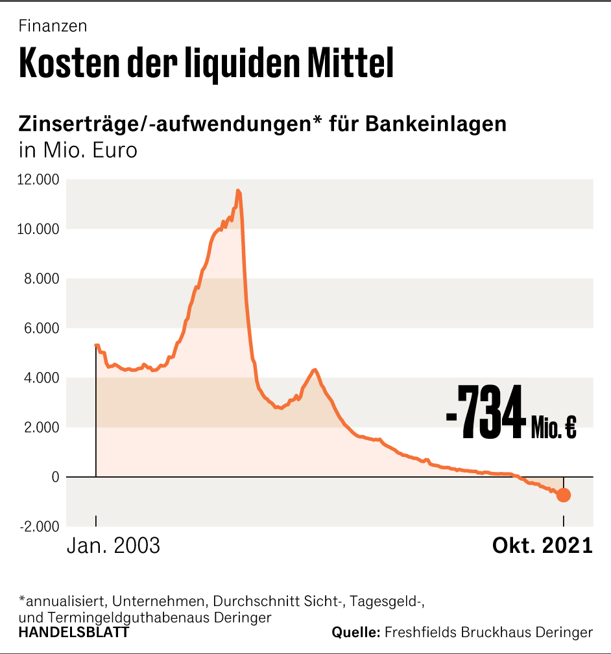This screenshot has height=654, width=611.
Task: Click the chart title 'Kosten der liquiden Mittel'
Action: pos(206,63)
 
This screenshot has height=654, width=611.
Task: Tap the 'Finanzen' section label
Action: pos(53,27)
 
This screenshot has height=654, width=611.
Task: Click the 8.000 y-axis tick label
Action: pos(42,279)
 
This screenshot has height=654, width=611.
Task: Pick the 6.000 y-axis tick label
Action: pos(42,328)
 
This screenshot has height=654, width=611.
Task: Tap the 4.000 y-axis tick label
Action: pos(42,378)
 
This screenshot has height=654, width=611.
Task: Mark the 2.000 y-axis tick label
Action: pos(42,427)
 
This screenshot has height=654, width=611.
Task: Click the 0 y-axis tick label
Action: pos(55,477)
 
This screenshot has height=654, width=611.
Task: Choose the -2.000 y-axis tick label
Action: pos(39,526)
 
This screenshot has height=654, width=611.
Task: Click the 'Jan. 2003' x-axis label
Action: pos(114,545)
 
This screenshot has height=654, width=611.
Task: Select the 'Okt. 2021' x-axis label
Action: pos(543,545)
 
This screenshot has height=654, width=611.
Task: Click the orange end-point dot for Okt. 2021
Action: pos(564,495)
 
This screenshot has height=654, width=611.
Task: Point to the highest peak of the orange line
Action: pos(238,191)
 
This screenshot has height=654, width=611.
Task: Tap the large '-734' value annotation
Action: pos(485,412)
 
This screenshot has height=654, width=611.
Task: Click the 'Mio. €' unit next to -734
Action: pos(553,428)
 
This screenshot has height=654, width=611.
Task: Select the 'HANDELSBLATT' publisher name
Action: pos(74,632)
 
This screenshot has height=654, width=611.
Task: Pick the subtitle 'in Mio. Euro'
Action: pos(78,151)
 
